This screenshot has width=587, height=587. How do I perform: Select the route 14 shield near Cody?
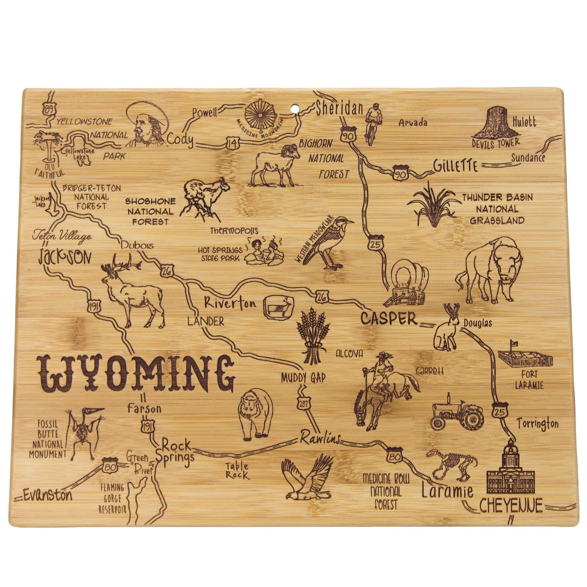coord(232,143)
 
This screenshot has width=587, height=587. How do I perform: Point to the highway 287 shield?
coord(304,402)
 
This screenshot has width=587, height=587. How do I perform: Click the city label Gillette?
coord(455,165)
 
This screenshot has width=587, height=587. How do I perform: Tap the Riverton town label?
coord(230,303)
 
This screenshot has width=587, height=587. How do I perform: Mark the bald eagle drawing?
coord(308,477)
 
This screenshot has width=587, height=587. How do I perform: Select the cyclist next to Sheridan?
coord(373,123)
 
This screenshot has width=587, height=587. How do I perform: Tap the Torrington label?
coord(537,423)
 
